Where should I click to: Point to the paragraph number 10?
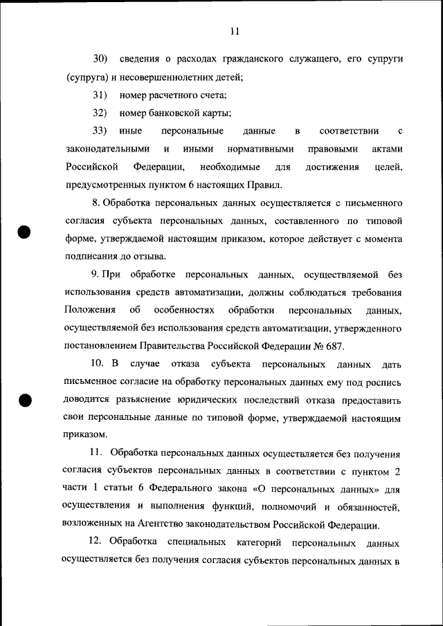tap(98, 364)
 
